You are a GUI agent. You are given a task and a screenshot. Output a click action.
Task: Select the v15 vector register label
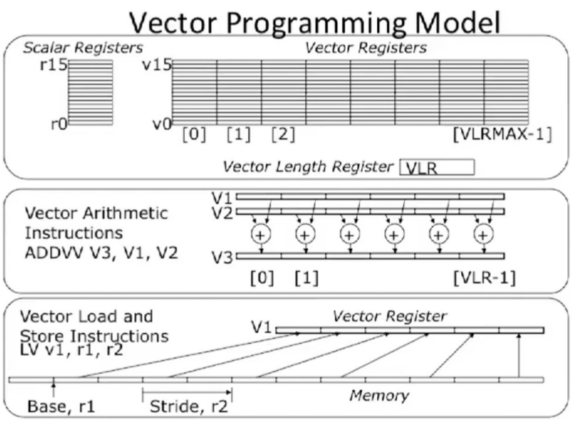[156, 65]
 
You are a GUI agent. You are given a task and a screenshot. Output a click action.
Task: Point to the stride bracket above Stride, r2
[187, 392]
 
